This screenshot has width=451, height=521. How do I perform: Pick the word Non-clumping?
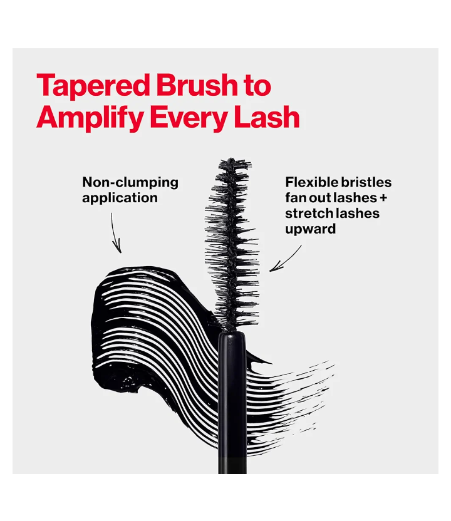pyautogui.click(x=130, y=182)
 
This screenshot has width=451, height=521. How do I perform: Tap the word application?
pyautogui.click(x=120, y=198)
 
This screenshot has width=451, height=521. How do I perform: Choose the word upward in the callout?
pyautogui.click(x=310, y=229)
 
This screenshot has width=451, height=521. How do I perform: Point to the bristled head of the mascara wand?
pyautogui.click(x=233, y=244)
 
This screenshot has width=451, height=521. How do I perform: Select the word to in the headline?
pyautogui.click(x=257, y=86)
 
